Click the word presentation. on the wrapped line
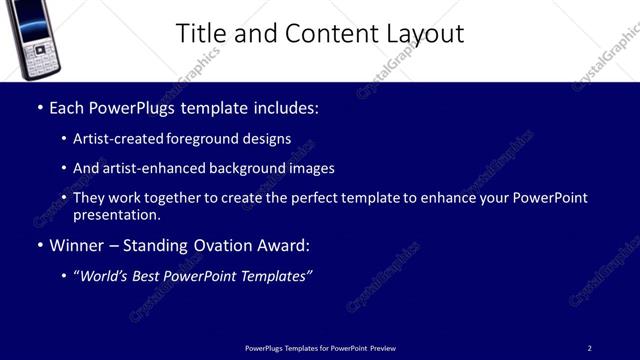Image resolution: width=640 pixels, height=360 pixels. coord(117,215)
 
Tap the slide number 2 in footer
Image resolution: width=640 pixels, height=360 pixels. coord(589,348)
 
